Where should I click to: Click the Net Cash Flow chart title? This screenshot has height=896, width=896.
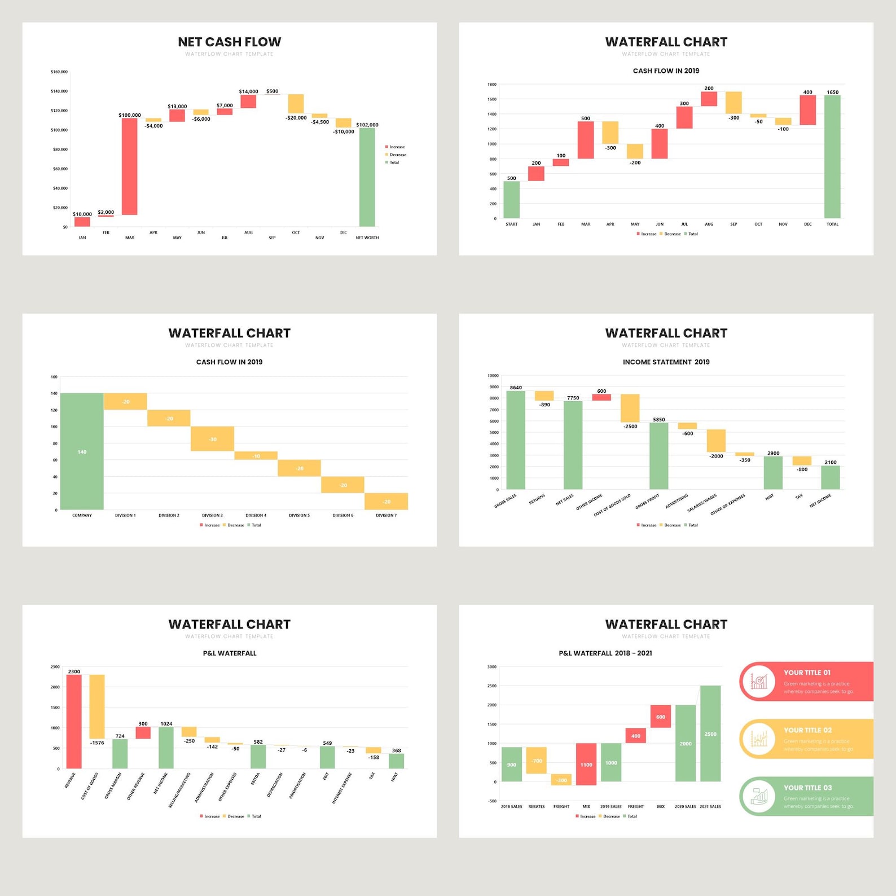(229, 42)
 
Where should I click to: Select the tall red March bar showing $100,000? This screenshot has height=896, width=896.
(130, 166)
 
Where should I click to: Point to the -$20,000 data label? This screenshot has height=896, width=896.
(296, 118)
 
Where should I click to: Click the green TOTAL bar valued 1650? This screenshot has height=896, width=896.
(832, 156)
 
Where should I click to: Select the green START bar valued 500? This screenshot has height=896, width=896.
(511, 199)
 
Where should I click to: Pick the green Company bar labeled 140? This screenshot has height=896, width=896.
(82, 451)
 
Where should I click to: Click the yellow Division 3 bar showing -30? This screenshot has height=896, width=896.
(212, 439)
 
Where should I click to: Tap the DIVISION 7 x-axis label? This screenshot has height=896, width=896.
(386, 515)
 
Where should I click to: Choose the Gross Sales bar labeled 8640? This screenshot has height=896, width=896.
(516, 440)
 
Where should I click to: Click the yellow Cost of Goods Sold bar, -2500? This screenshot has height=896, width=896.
(630, 408)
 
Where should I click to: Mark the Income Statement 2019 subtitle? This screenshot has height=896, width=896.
(666, 362)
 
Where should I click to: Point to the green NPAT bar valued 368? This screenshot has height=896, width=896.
(396, 761)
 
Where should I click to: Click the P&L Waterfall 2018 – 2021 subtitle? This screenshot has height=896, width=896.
(605, 653)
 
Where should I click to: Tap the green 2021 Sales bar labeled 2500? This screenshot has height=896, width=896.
(710, 734)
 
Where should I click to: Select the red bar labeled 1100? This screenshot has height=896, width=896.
(586, 764)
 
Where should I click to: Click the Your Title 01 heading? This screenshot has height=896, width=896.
(807, 673)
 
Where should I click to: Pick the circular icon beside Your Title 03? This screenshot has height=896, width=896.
(759, 796)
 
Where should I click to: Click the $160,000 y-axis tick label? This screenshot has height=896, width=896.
(59, 72)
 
